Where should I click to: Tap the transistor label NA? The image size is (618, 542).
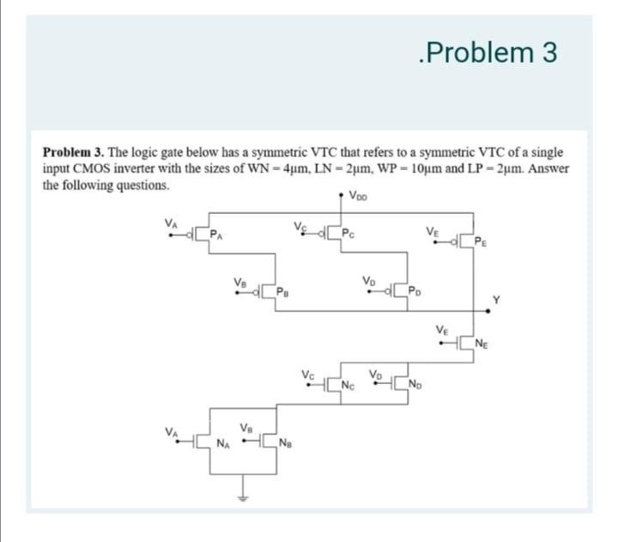(222, 444)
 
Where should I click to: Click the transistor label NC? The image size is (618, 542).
(348, 383)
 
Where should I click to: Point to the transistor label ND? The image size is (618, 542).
(417, 383)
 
